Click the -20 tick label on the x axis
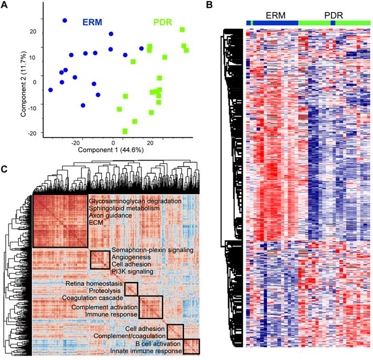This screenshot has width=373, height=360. click(76, 142)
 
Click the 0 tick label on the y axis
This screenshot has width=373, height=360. click(35, 82)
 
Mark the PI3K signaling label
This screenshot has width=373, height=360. click(132, 272)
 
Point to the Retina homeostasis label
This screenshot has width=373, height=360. click(94, 284)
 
